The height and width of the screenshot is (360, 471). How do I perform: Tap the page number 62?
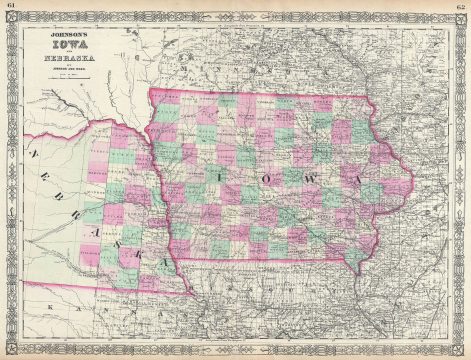tap(462, 6)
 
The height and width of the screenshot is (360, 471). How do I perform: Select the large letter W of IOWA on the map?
tap(312, 177)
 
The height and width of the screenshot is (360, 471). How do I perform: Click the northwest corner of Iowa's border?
tap(149, 93)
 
